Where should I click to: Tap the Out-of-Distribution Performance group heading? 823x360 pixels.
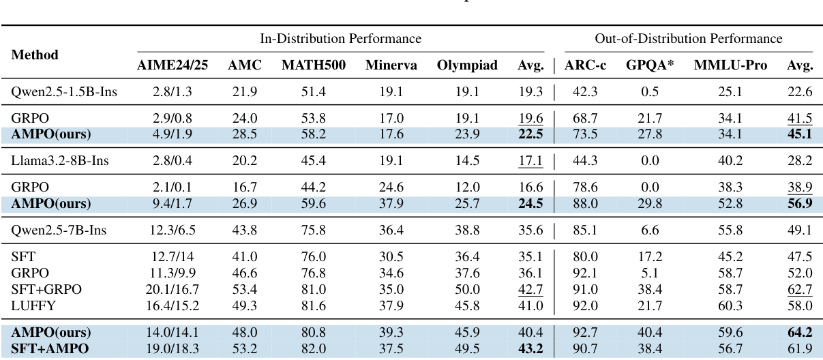click(x=689, y=40)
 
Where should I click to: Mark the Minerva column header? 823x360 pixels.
click(x=387, y=66)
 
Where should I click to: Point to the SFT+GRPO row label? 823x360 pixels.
click(x=46, y=289)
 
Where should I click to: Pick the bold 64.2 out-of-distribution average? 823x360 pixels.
click(x=800, y=333)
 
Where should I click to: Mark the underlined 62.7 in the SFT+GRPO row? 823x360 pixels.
click(x=800, y=289)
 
